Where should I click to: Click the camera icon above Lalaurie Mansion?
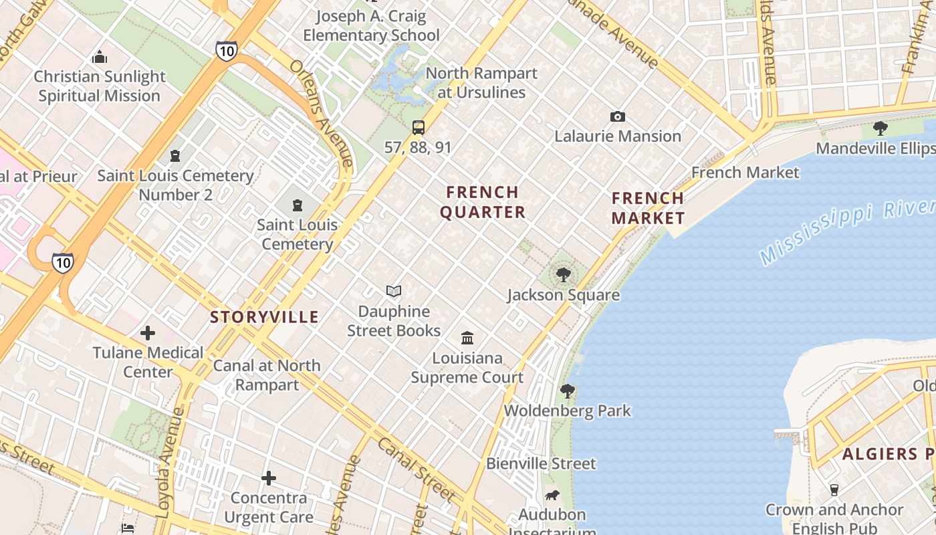click(618, 117)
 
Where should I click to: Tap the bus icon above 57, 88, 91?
click(419, 128)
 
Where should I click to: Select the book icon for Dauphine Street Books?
click(394, 292)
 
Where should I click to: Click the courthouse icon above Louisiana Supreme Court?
click(467, 338)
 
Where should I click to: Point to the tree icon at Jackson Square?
click(564, 274)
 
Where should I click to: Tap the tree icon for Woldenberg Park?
click(568, 391)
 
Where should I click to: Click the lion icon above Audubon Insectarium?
click(552, 496)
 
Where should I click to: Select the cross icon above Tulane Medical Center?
click(148, 332)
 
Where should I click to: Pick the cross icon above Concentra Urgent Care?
click(269, 478)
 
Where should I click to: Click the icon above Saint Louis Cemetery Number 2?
click(175, 156)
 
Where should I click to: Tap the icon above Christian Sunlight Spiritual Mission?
click(100, 57)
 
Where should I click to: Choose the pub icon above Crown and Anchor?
click(834, 490)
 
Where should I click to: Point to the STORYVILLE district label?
click(264, 317)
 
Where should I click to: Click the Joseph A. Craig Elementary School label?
click(371, 25)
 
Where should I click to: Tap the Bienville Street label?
click(541, 463)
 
